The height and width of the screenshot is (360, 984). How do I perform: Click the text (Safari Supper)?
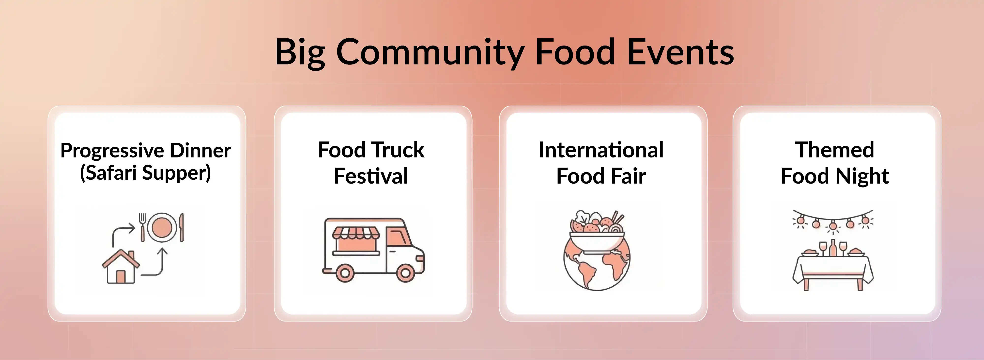click(x=146, y=173)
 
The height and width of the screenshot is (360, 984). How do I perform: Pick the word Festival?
click(x=371, y=176)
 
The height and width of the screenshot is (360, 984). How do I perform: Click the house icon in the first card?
click(x=120, y=267)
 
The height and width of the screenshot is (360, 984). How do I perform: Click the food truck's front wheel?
click(x=405, y=272)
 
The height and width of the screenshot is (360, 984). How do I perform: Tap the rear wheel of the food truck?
click(x=345, y=272)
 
